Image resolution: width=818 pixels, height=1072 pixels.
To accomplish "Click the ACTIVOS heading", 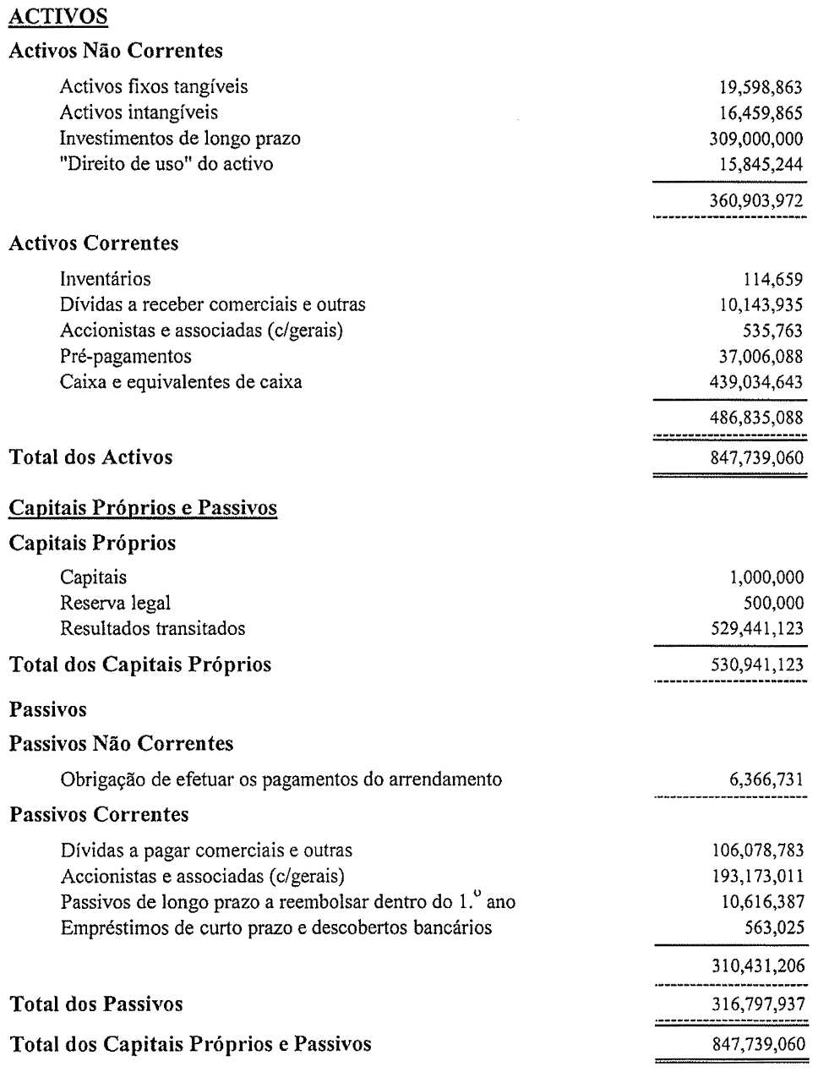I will coord(58,16).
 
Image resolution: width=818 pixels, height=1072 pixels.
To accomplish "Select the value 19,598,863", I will coord(757,86).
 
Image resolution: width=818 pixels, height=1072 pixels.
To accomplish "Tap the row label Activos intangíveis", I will coord(139,112).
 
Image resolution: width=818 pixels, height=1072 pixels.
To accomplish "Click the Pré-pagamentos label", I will coord(126,356).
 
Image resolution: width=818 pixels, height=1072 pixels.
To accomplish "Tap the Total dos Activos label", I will coord(91,457).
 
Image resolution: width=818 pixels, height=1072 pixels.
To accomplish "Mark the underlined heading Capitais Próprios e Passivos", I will coord(143,508).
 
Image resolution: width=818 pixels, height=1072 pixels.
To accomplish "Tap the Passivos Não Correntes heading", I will coord(121,744).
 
